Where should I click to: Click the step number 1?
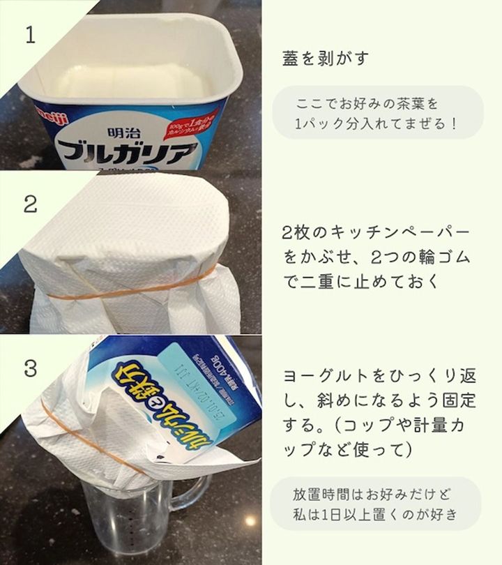tap(29, 36)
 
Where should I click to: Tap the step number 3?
tap(30, 368)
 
